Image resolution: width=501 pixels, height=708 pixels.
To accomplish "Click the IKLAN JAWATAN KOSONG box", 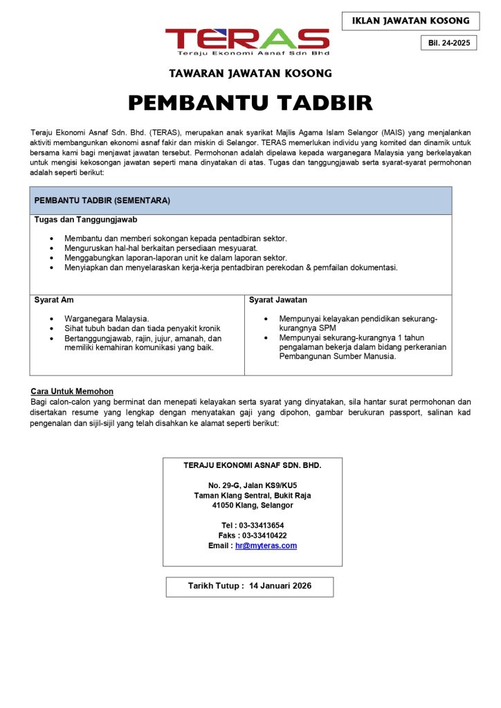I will (410, 21).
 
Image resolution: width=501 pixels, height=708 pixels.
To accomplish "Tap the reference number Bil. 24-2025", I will (449, 43).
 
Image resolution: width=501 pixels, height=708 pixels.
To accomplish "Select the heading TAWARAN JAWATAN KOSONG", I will (250, 73).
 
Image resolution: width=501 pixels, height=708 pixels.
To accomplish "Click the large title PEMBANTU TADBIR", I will (250, 103).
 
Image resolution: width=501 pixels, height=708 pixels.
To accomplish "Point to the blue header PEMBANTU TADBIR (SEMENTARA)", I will (102, 201).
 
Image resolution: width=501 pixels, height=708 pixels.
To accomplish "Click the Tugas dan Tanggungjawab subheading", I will (86, 220).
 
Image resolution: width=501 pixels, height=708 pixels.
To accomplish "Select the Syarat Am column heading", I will (54, 300).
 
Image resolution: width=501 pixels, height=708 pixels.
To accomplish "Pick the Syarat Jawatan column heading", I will (278, 300).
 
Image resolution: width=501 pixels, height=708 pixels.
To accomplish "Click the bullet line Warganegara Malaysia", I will (107, 319).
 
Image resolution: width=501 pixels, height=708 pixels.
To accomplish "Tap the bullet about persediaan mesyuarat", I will (161, 248).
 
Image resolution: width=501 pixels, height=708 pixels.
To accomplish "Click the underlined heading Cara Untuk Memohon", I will (72, 392).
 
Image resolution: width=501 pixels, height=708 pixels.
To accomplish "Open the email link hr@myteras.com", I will (266, 546).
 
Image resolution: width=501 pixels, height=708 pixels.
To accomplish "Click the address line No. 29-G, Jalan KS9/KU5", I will (253, 485).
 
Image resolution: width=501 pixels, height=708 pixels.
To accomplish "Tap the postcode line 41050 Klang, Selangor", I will (253, 505).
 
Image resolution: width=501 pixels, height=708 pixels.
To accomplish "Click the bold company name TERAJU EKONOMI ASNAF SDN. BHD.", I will (253, 465).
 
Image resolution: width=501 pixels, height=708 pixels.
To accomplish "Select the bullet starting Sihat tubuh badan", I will (143, 328).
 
